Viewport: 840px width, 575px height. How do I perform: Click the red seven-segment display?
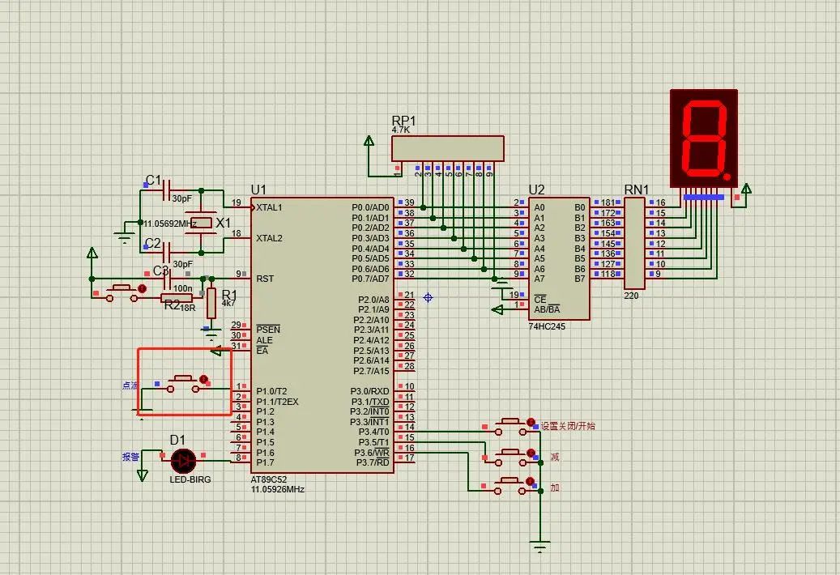tap(704, 136)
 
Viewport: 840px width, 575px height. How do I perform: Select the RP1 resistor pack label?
tap(403, 121)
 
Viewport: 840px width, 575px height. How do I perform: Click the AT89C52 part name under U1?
tap(271, 479)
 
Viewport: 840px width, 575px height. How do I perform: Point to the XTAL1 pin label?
tap(270, 207)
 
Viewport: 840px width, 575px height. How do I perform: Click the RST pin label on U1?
tap(265, 279)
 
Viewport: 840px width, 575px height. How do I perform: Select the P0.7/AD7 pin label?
tap(370, 279)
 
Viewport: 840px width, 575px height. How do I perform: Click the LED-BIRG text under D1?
tap(190, 479)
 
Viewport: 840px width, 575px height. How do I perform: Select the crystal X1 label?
tap(224, 222)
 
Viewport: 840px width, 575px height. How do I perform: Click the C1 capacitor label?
tap(153, 180)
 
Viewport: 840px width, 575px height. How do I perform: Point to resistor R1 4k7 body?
tap(211, 303)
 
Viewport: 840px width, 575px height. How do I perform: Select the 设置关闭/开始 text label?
tap(568, 426)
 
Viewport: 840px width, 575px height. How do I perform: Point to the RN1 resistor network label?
tap(636, 190)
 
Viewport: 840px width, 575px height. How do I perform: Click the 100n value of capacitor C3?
tap(183, 288)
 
